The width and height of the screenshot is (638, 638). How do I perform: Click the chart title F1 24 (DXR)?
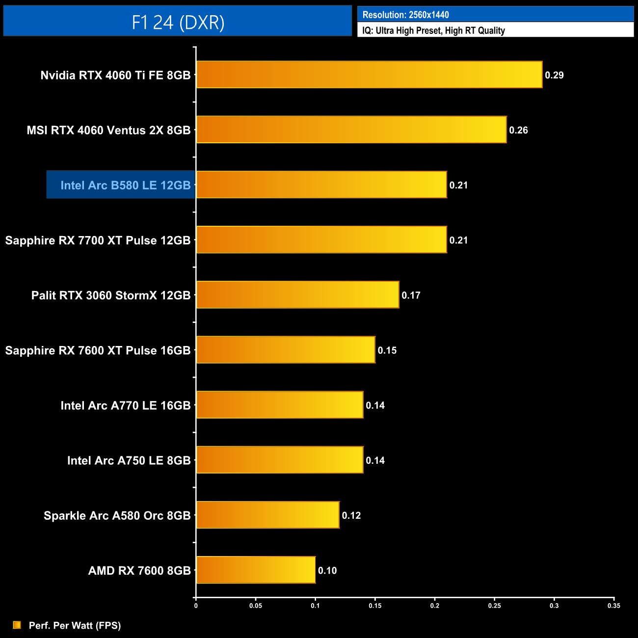tap(178, 22)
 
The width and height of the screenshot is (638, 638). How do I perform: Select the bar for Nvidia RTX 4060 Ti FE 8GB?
tap(369, 75)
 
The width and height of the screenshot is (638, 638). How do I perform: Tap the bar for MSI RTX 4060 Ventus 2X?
tap(351, 130)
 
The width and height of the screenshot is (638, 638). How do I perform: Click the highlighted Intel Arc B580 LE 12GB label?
tap(125, 185)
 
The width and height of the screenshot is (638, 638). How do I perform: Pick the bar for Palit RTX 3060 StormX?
tap(297, 295)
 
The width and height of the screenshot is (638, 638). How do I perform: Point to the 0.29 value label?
tap(554, 75)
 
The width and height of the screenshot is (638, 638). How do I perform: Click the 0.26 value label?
tap(518, 130)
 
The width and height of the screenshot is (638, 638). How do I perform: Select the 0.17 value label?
tap(411, 295)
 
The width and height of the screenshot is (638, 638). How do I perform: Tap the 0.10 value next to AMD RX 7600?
tap(327, 570)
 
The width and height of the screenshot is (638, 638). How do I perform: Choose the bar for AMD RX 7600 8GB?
tap(256, 570)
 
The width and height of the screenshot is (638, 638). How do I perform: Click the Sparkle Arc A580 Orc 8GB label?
tap(117, 515)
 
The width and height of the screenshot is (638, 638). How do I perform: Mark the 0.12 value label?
tap(351, 515)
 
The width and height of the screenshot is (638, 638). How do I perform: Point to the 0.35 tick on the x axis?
tap(613, 606)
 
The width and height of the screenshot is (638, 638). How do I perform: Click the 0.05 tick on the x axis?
tap(256, 606)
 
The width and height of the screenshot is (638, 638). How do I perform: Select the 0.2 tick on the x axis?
tap(435, 606)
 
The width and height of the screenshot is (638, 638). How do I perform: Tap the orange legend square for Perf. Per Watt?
tap(17, 625)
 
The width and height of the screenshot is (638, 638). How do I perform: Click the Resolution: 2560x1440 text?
tap(405, 15)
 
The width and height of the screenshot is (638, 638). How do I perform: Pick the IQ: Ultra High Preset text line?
tap(433, 30)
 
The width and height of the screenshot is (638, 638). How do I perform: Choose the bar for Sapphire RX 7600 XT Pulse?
tap(286, 350)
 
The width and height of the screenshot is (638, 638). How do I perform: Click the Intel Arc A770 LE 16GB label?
tap(125, 405)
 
